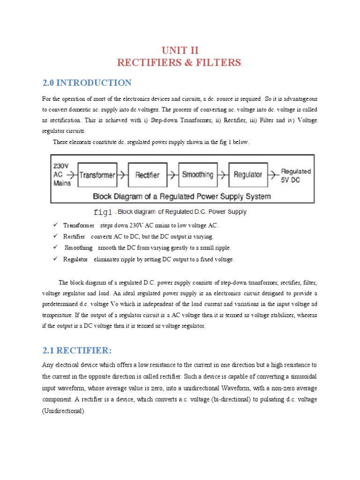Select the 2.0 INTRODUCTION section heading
coord(87,83)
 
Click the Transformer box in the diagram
coord(97,175)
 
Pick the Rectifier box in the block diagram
coord(147,175)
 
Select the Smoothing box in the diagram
coord(197,175)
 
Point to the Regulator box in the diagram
coord(248,175)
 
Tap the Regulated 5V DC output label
coord(295,175)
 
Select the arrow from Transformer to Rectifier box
coord(122,175)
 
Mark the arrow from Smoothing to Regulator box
coord(223,175)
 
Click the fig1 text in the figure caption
coord(103,212)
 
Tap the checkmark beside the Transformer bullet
coord(55,225)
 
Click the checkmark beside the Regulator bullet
coord(55,259)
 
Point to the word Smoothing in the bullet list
coord(78,248)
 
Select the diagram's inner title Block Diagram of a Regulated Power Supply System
coord(182,196)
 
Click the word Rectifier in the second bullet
coord(74,237)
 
